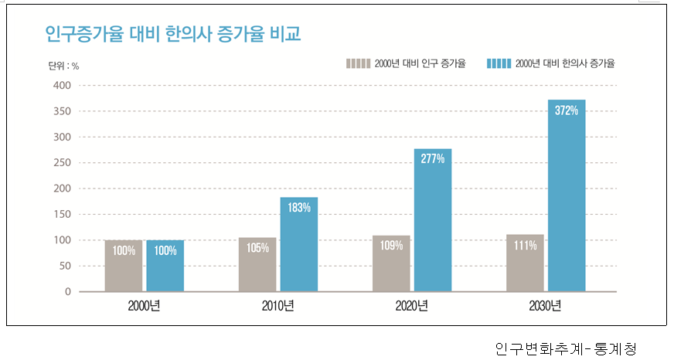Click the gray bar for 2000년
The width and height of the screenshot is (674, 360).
pyautogui.click(x=124, y=266)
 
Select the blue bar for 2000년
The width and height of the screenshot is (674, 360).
pyautogui.click(x=165, y=266)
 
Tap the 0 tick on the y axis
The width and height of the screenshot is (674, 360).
pyautogui.click(x=68, y=292)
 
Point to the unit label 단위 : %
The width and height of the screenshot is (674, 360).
pyautogui.click(x=64, y=65)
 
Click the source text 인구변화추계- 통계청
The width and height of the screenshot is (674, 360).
pyautogui.click(x=567, y=348)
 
